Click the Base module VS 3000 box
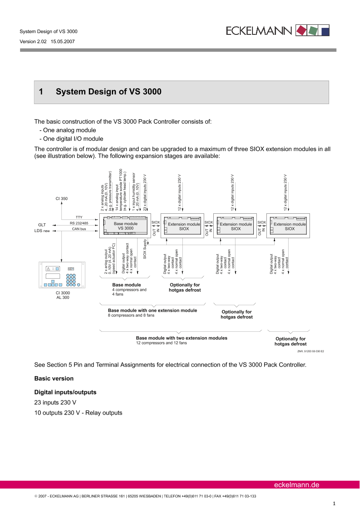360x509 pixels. [x=125, y=226]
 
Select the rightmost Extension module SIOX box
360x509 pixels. [x=289, y=226]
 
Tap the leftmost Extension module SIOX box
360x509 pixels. [x=184, y=226]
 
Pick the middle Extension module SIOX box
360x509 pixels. [x=236, y=226]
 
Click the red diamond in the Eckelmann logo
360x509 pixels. [x=301, y=30]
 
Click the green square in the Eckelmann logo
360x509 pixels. [x=313, y=30]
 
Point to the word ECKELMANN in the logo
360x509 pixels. [x=260, y=30]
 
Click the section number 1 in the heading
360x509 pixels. [x=41, y=92]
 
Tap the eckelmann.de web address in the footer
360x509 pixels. [x=296, y=485]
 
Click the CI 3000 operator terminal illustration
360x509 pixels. [x=62, y=275]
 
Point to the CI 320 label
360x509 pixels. [x=61, y=199]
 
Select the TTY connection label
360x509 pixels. [x=79, y=217]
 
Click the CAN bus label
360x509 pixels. [x=78, y=228]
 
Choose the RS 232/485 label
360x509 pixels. [x=79, y=222]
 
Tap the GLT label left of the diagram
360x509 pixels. [x=42, y=225]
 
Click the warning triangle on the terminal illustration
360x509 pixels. [x=49, y=268]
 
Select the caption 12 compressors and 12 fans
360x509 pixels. [x=161, y=343]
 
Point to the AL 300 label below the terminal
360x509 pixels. [x=62, y=297]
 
